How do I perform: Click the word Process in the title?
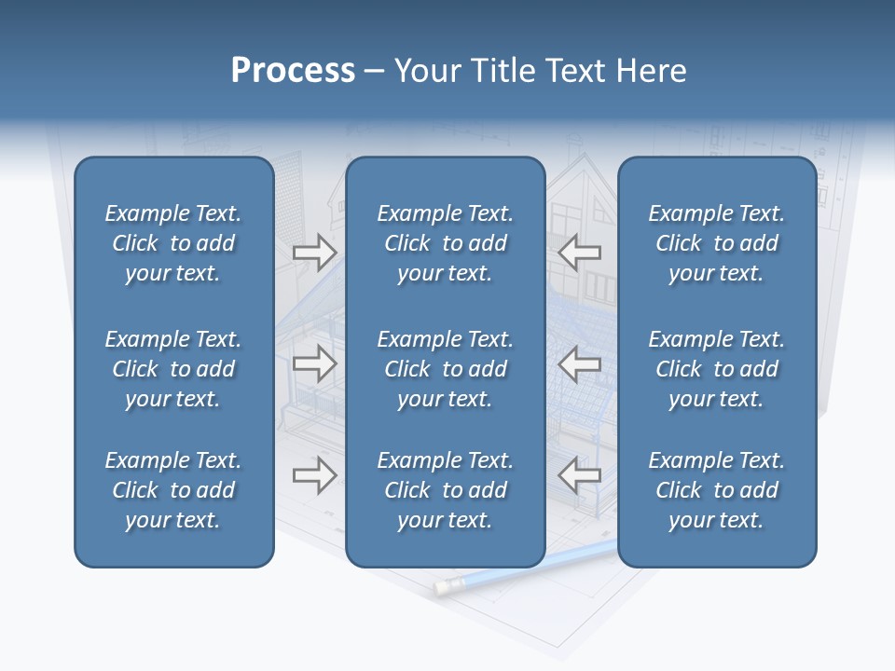pos(293,71)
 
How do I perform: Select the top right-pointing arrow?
pos(314,252)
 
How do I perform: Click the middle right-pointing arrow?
pos(314,363)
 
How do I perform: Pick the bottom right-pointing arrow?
pos(314,475)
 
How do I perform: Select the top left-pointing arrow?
pos(580,252)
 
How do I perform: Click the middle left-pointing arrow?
pos(580,363)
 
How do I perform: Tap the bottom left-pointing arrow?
pos(580,475)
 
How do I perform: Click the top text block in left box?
pos(173,243)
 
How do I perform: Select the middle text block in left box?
pos(173,369)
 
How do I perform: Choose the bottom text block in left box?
pos(173,490)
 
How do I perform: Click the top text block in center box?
pos(445,243)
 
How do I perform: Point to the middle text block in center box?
pos(445,369)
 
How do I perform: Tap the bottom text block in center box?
pos(445,490)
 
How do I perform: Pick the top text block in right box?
pos(716,243)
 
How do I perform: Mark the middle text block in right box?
pos(716,369)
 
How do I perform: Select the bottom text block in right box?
pos(716,490)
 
